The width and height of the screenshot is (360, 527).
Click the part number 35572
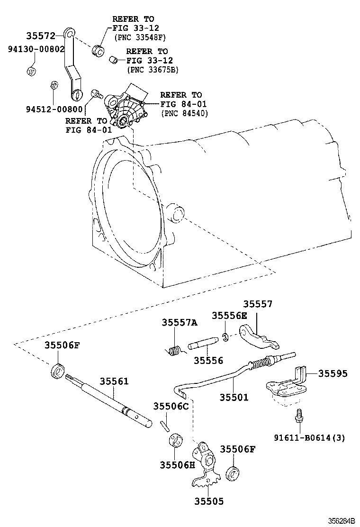(41, 36)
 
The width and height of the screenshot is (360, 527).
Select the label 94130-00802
(36, 49)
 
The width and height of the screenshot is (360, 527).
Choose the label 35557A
(180, 323)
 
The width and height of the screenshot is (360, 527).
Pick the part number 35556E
(229, 316)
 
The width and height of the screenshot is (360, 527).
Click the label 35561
(114, 382)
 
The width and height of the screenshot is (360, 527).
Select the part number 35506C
(171, 406)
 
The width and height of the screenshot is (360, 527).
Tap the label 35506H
(177, 464)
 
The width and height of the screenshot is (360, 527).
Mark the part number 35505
(208, 501)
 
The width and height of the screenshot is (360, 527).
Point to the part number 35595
(333, 373)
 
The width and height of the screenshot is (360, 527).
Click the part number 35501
(234, 397)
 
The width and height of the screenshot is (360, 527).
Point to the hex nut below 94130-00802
(31, 72)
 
